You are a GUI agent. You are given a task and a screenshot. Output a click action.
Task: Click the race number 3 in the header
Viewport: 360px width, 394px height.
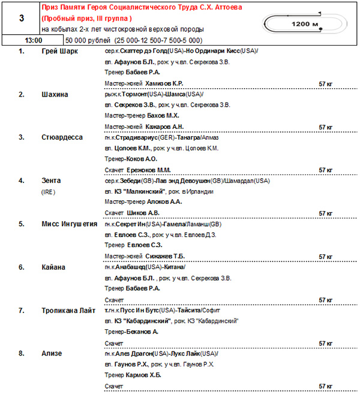point(22,19)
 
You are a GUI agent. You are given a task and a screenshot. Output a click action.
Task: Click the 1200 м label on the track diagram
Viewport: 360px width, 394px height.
point(304,23)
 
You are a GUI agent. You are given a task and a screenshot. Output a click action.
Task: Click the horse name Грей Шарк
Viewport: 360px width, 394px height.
point(59,51)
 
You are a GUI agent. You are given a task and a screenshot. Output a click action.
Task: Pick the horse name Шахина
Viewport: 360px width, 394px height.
point(55,94)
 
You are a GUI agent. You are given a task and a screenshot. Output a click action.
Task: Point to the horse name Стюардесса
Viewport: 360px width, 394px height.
point(62,137)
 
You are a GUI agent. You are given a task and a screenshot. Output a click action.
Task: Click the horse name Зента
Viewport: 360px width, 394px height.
point(51,181)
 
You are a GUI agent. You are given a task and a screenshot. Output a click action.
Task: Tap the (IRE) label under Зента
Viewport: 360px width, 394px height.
point(48,192)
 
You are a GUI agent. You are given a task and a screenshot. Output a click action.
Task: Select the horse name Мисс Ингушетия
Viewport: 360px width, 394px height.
point(70,224)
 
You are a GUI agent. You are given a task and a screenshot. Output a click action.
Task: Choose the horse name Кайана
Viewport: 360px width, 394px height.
point(54,267)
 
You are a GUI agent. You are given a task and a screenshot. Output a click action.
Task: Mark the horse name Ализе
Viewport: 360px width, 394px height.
point(52,354)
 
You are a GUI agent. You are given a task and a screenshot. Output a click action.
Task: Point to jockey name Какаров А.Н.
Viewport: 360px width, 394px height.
point(164,127)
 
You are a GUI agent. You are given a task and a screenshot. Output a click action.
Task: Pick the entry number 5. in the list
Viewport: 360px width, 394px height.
point(21,224)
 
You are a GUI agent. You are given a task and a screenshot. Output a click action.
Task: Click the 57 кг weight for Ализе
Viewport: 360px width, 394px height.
point(326,387)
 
